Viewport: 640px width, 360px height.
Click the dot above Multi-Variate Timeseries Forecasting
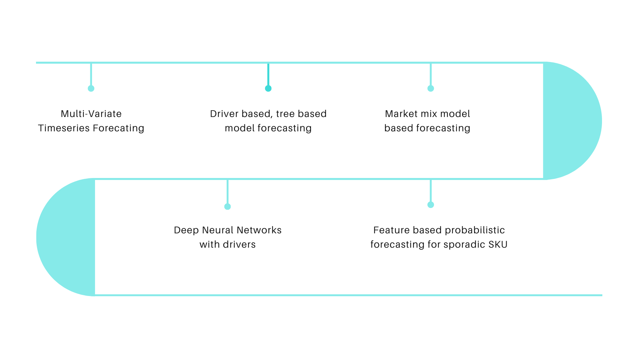pyautogui.click(x=91, y=88)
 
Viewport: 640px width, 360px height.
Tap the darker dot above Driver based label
pyautogui.click(x=268, y=88)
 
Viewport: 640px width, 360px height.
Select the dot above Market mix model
pyautogui.click(x=431, y=88)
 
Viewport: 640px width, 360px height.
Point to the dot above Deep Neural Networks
pyautogui.click(x=228, y=207)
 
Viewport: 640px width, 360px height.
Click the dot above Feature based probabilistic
pyautogui.click(x=431, y=205)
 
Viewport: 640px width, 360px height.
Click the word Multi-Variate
pyautogui.click(x=91, y=114)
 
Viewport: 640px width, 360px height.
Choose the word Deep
pyautogui.click(x=186, y=230)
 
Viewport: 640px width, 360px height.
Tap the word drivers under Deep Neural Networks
pyautogui.click(x=239, y=245)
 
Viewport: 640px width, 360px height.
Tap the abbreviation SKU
pyautogui.click(x=498, y=245)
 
